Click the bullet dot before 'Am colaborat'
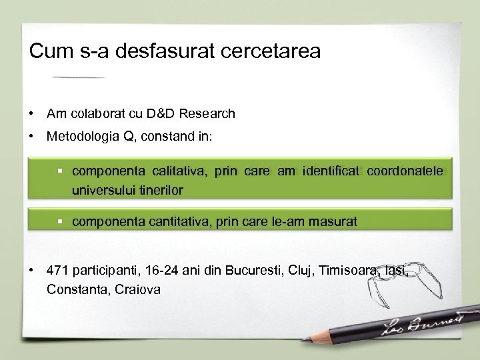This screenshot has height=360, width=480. [x=32, y=114]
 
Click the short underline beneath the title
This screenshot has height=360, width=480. [x=79, y=77]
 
